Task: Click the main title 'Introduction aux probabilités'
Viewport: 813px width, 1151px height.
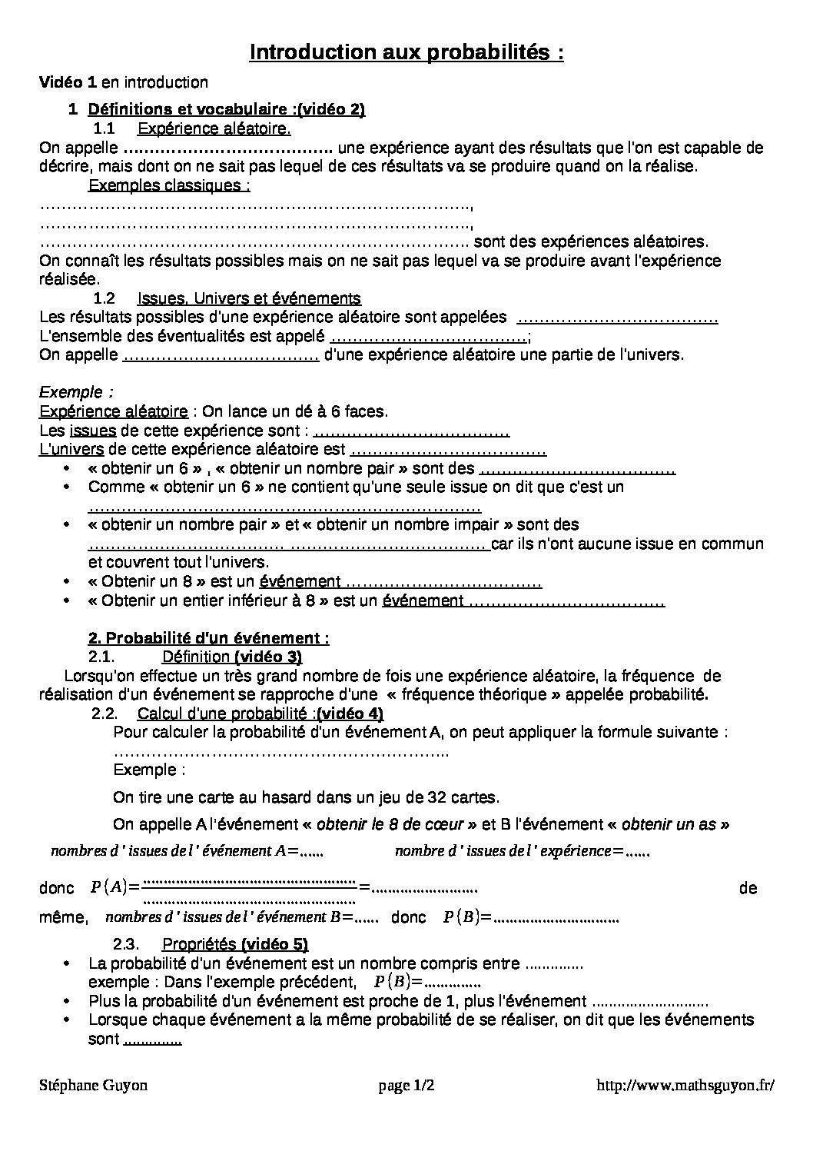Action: pyautogui.click(x=406, y=52)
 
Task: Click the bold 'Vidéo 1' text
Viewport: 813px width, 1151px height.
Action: pyautogui.click(x=68, y=82)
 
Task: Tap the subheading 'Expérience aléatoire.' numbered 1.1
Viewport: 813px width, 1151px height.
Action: pyautogui.click(x=214, y=128)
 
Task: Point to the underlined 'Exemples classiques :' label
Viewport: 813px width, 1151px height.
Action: pyautogui.click(x=169, y=185)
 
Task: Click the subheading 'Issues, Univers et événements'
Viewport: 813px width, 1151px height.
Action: pyautogui.click(x=249, y=298)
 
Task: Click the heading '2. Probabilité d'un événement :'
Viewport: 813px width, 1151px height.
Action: pyautogui.click(x=209, y=638)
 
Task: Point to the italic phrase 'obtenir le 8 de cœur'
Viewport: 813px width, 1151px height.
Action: pyautogui.click(x=390, y=825)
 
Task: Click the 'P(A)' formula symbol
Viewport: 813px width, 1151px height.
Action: pyautogui.click(x=108, y=887)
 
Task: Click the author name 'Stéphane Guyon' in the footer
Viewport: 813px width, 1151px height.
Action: pyautogui.click(x=93, y=1086)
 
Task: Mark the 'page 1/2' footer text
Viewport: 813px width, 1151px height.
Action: pyautogui.click(x=406, y=1086)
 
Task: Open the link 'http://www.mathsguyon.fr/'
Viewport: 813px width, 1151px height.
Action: pyautogui.click(x=685, y=1086)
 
